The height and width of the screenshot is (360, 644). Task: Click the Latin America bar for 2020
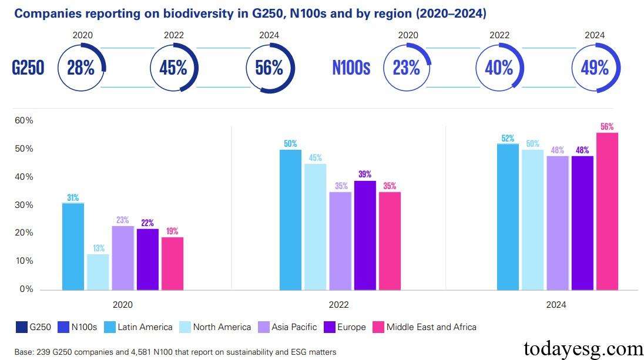(73, 246)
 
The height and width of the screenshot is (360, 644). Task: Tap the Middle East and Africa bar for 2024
(607, 211)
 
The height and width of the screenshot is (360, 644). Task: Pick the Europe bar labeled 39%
(365, 235)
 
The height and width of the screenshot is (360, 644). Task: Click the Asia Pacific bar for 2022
(340, 241)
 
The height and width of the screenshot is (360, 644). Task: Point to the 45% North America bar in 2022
(316, 227)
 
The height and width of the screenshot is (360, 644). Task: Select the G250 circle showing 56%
(269, 68)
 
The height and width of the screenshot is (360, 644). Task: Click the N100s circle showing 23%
(406, 68)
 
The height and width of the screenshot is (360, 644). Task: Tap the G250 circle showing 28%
(80, 68)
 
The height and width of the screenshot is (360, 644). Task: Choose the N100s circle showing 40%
(499, 68)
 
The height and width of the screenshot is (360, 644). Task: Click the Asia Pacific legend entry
(289, 327)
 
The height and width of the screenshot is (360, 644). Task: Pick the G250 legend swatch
(21, 327)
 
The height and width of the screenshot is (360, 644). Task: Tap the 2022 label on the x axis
(338, 305)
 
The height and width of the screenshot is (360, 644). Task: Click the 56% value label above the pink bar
(607, 127)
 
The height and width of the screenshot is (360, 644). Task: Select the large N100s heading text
(351, 68)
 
